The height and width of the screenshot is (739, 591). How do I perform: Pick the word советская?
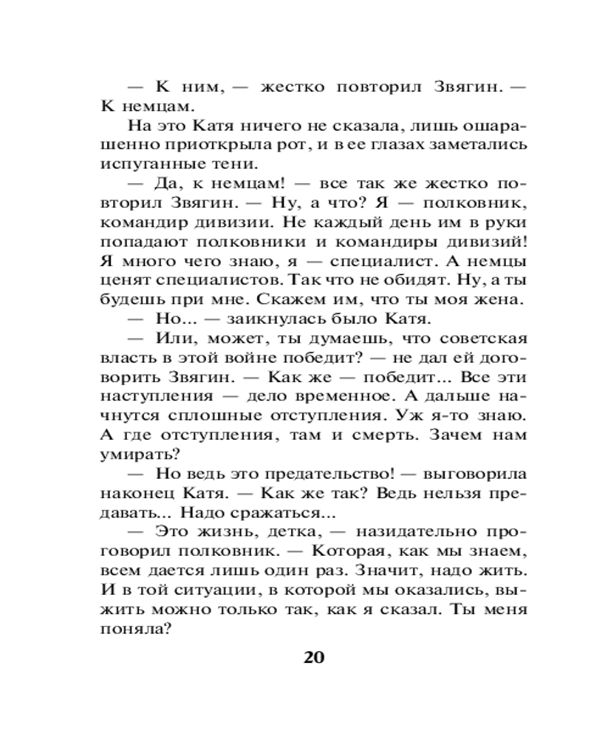point(482,338)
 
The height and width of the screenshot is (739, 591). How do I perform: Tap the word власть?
point(121,357)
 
